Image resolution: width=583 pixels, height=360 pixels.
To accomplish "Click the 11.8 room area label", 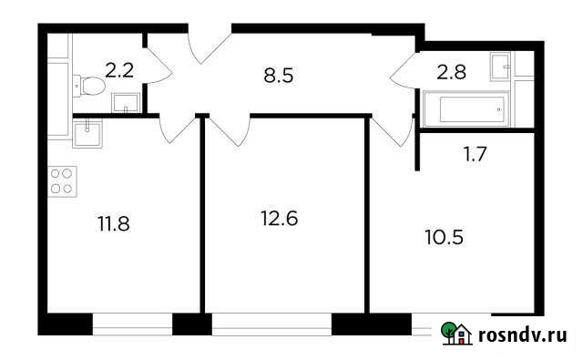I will click(113, 221).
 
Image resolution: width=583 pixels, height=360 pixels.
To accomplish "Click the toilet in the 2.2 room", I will click(91, 87).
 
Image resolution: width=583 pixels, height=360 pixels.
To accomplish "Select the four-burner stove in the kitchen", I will click(62, 180).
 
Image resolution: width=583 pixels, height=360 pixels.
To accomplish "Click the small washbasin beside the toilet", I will click(123, 100).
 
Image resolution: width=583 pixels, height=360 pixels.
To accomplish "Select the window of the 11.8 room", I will click(132, 324).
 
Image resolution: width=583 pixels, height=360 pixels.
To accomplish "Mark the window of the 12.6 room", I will click(271, 324).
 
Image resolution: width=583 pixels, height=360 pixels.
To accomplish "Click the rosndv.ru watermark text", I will click(522, 336).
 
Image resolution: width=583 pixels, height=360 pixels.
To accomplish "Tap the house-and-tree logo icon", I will click(456, 334).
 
